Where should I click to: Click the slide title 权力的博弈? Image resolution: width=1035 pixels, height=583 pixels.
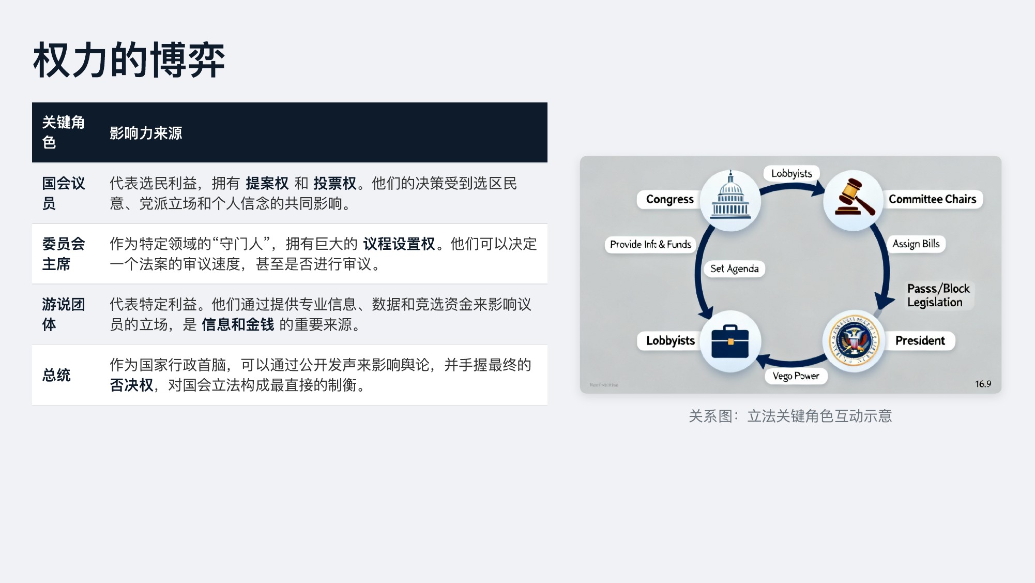129,61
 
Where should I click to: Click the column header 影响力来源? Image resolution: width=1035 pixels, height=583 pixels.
146,133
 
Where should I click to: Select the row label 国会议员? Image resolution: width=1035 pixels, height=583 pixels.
63,193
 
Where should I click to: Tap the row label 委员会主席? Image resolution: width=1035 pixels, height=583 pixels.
63,253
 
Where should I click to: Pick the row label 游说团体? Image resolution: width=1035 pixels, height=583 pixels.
63,314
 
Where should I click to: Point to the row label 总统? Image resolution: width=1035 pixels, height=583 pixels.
56,375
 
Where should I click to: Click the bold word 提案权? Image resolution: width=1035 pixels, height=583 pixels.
267,183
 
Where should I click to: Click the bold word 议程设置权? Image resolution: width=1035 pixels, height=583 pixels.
399,244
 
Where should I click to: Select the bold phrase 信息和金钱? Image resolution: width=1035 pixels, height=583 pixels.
238,324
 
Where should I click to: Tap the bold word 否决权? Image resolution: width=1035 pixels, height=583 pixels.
131,385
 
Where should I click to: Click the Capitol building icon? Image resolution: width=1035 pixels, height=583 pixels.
730,199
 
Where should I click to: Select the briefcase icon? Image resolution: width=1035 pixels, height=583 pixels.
730,341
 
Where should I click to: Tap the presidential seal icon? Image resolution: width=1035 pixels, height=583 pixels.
854,341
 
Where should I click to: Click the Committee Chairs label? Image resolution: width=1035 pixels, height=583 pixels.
932,199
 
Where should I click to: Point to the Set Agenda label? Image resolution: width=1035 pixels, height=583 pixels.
734,268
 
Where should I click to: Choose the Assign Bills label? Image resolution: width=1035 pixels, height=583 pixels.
916,244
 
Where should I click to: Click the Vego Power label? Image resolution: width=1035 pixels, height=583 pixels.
796,376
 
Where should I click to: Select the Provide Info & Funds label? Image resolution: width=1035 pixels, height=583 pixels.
650,244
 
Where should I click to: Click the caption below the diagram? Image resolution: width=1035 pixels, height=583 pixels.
790,416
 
